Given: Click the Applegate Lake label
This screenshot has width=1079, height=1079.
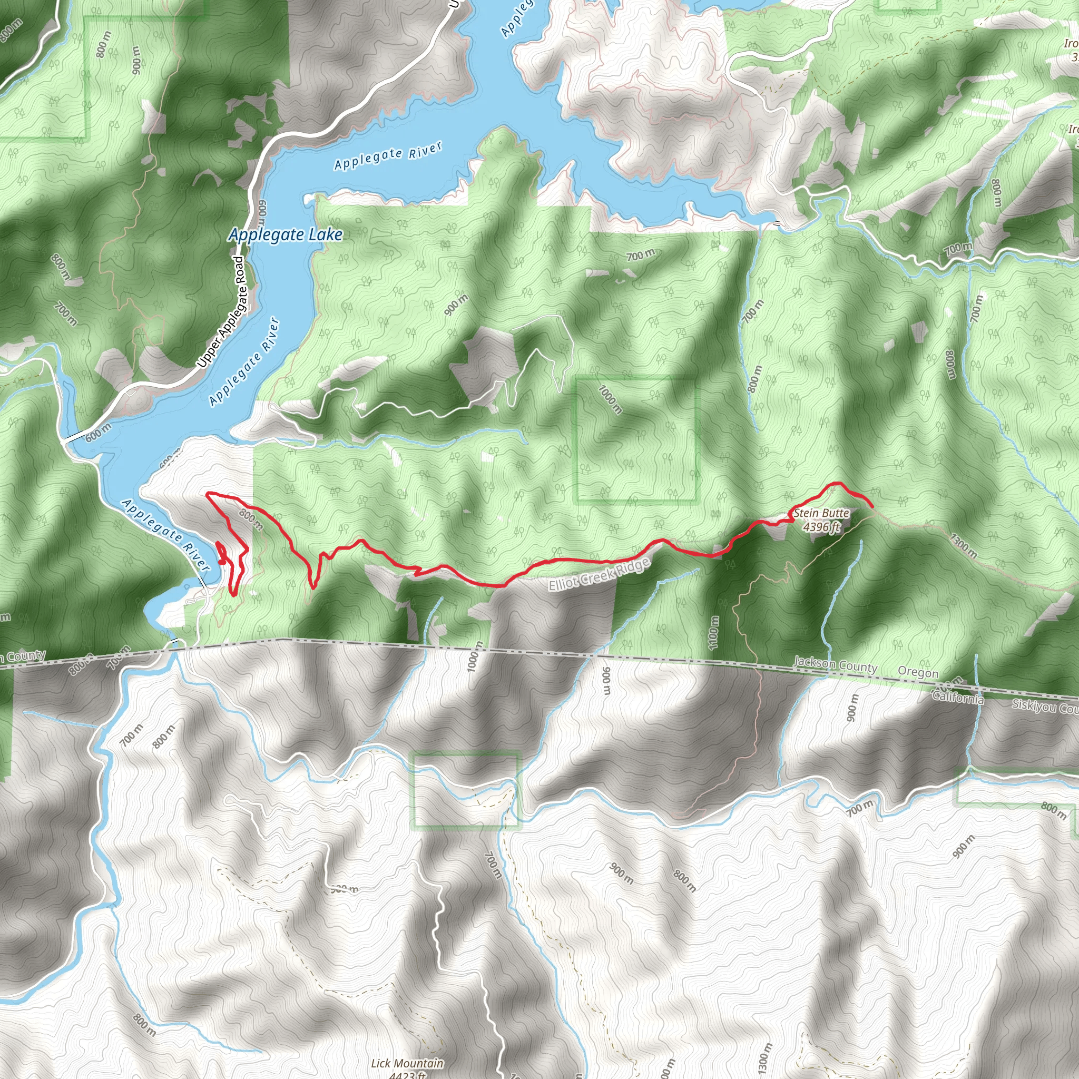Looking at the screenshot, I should tap(285, 234).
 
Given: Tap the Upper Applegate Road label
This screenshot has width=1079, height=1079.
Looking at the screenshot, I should tap(222, 312).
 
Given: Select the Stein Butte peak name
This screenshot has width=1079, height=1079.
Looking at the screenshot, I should tap(821, 513).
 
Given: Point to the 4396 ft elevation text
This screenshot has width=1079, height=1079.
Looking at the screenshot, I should tap(821, 526).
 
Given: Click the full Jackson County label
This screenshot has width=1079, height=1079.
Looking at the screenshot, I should tap(836, 664).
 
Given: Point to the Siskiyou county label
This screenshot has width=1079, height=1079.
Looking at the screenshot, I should tap(1044, 707).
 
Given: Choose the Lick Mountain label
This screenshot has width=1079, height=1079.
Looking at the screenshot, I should tap(407, 1063).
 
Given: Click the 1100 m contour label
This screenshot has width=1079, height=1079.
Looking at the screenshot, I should tap(713, 633).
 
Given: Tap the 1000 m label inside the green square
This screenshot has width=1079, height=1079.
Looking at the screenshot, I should tap(610, 399).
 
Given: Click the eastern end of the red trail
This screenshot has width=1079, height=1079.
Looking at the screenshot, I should tap(872, 506).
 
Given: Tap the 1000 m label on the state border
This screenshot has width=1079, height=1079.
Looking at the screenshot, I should tap(474, 656).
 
